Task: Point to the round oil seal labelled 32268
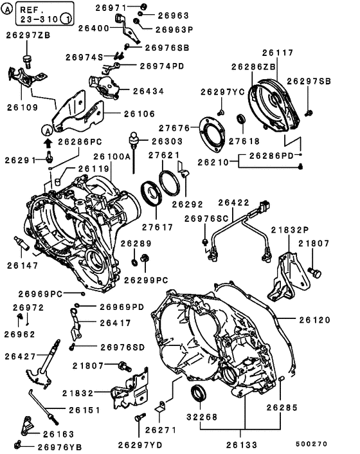click(200, 394)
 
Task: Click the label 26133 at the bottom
click(244, 444)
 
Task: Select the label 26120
click(314, 319)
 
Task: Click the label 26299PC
click(145, 280)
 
